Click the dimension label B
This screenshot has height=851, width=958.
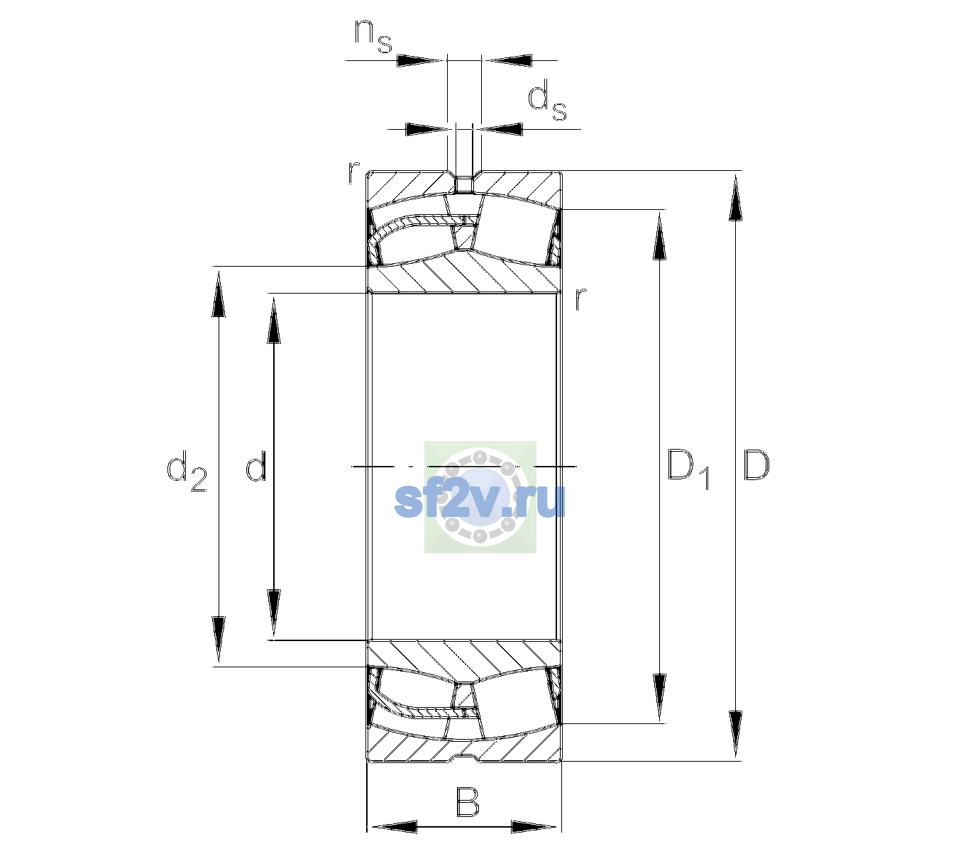(x=467, y=801)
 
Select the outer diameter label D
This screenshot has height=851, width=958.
(x=756, y=465)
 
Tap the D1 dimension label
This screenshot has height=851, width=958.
(x=688, y=469)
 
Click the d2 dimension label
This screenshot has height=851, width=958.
(x=187, y=470)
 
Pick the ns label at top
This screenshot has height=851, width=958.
(x=373, y=37)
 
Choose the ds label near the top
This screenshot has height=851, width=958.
(x=546, y=100)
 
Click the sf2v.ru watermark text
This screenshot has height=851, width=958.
(x=480, y=501)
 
